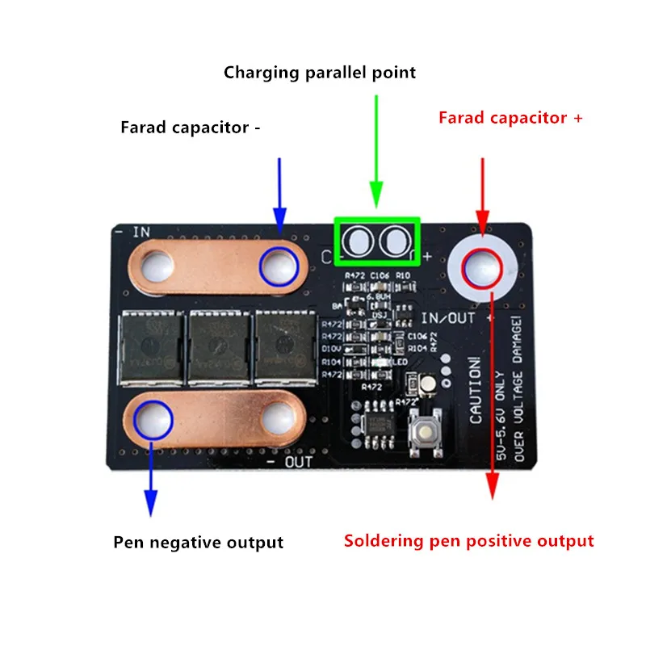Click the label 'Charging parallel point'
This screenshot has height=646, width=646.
pyautogui.click(x=320, y=73)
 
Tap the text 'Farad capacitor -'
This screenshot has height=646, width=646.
pyautogui.click(x=191, y=128)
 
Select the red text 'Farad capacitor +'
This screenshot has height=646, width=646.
pyautogui.click(x=510, y=118)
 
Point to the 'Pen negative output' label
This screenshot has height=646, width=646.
pyautogui.click(x=198, y=543)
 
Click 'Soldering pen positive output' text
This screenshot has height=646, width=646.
pyautogui.click(x=468, y=541)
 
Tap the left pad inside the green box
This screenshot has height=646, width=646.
pyautogui.click(x=357, y=241)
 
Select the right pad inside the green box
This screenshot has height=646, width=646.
pyautogui.click(x=396, y=241)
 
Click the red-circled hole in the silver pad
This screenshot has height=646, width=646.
pyautogui.click(x=483, y=267)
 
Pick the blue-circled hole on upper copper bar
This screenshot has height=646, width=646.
pyautogui.click(x=277, y=266)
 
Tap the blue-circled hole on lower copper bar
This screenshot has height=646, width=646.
pyautogui.click(x=153, y=418)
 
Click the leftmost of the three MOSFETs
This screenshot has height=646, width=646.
pyautogui.click(x=150, y=347)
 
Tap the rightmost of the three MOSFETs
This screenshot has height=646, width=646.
pyautogui.click(x=283, y=347)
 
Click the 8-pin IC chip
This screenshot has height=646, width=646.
pyautogui.click(x=376, y=425)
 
